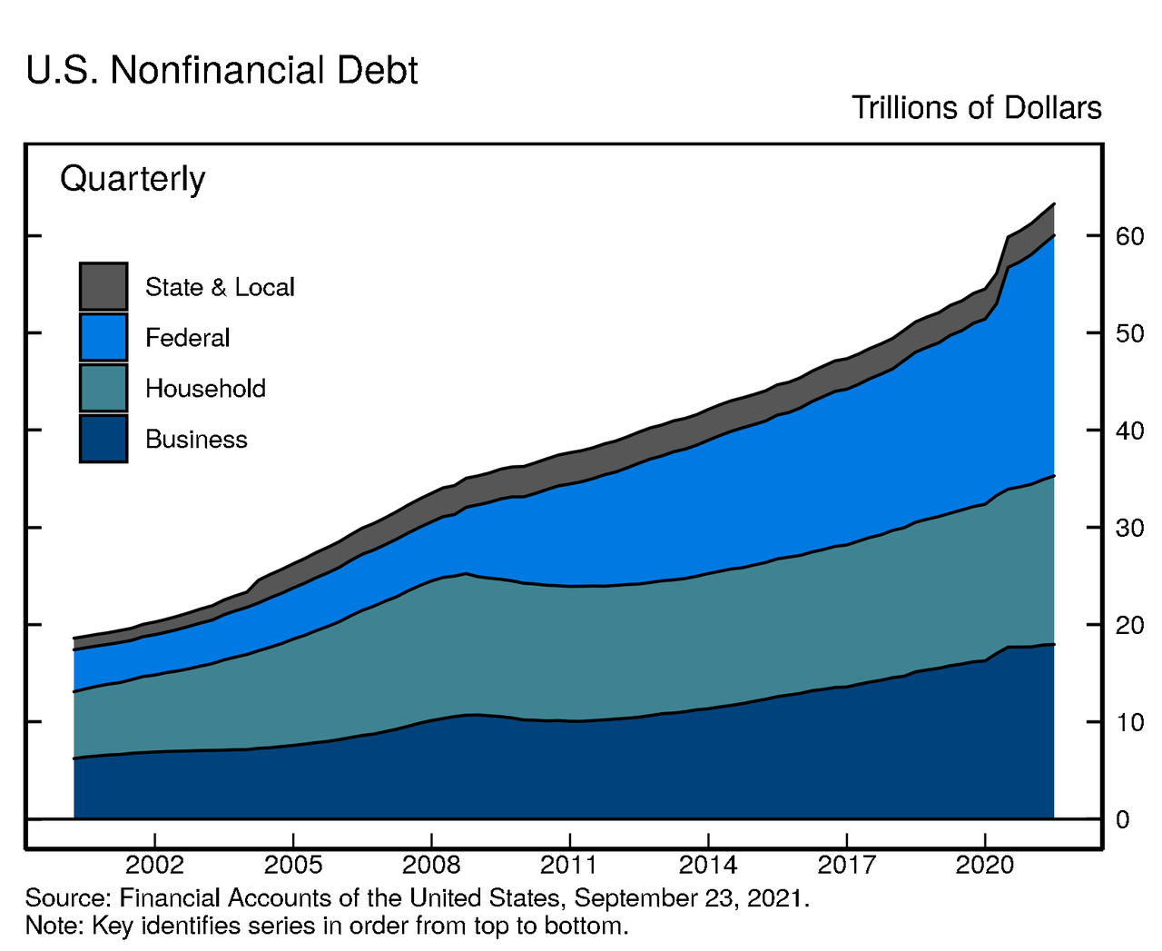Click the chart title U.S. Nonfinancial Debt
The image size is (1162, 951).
(x=222, y=71)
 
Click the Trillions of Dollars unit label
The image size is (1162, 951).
(x=976, y=108)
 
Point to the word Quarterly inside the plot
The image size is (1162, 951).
(x=133, y=179)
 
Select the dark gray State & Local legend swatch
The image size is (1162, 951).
(x=103, y=286)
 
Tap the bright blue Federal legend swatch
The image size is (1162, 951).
(x=103, y=337)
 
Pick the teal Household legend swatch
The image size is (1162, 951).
(x=103, y=388)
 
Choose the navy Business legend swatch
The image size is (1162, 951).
(x=103, y=439)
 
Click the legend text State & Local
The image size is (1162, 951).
(x=220, y=287)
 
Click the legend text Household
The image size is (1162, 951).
(x=205, y=389)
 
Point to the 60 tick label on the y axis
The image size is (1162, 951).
(x=1129, y=236)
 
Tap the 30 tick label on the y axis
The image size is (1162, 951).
(x=1129, y=528)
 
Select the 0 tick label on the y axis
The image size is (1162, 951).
(x=1122, y=819)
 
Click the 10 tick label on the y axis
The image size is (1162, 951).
(x=1129, y=722)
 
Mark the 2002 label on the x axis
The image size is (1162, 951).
(x=154, y=865)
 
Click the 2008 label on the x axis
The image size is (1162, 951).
(x=431, y=865)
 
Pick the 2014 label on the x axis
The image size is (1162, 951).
(x=708, y=865)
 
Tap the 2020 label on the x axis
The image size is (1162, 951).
(x=985, y=865)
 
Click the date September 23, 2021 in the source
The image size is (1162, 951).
(x=690, y=898)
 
